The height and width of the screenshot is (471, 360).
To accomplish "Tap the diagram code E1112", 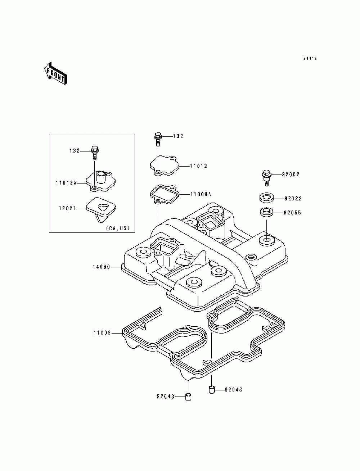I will (310, 59).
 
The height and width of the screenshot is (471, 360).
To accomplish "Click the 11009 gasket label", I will (102, 333).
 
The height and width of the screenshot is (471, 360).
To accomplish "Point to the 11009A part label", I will (201, 194).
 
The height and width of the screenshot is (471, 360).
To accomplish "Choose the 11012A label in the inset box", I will (66, 183).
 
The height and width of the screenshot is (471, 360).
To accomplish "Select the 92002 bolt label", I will (291, 175).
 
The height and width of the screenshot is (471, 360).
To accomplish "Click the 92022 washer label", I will (293, 198).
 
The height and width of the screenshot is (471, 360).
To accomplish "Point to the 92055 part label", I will (292, 213).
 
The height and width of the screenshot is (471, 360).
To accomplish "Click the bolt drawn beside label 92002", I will (266, 177).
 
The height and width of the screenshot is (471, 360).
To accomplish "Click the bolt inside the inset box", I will (95, 152).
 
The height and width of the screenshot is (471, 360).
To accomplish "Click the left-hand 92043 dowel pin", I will (188, 397).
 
